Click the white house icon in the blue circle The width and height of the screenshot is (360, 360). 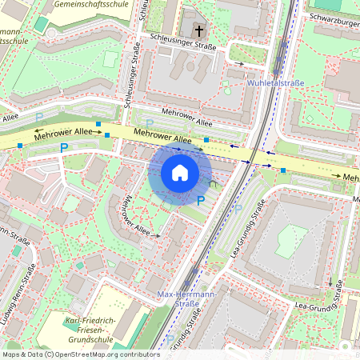pos(180,173)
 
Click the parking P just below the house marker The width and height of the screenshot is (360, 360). pos(201,200)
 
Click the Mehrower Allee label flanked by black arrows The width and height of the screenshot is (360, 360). pos(54,134)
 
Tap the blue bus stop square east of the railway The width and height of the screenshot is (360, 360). pos(283,170)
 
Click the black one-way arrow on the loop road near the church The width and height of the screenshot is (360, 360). pos(238,63)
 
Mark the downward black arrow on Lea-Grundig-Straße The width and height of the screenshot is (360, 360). pos(330,282)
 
